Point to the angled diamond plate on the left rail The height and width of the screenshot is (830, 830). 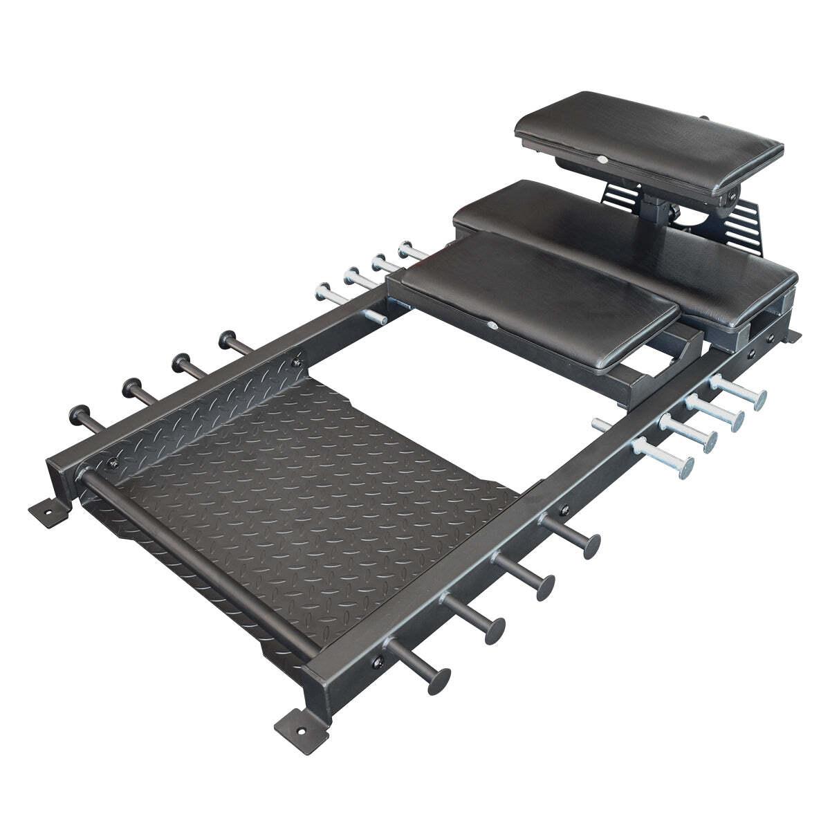coord(201,408)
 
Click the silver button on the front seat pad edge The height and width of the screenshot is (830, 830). coord(492,325)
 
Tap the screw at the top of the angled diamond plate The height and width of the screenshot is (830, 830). coord(297,358)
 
